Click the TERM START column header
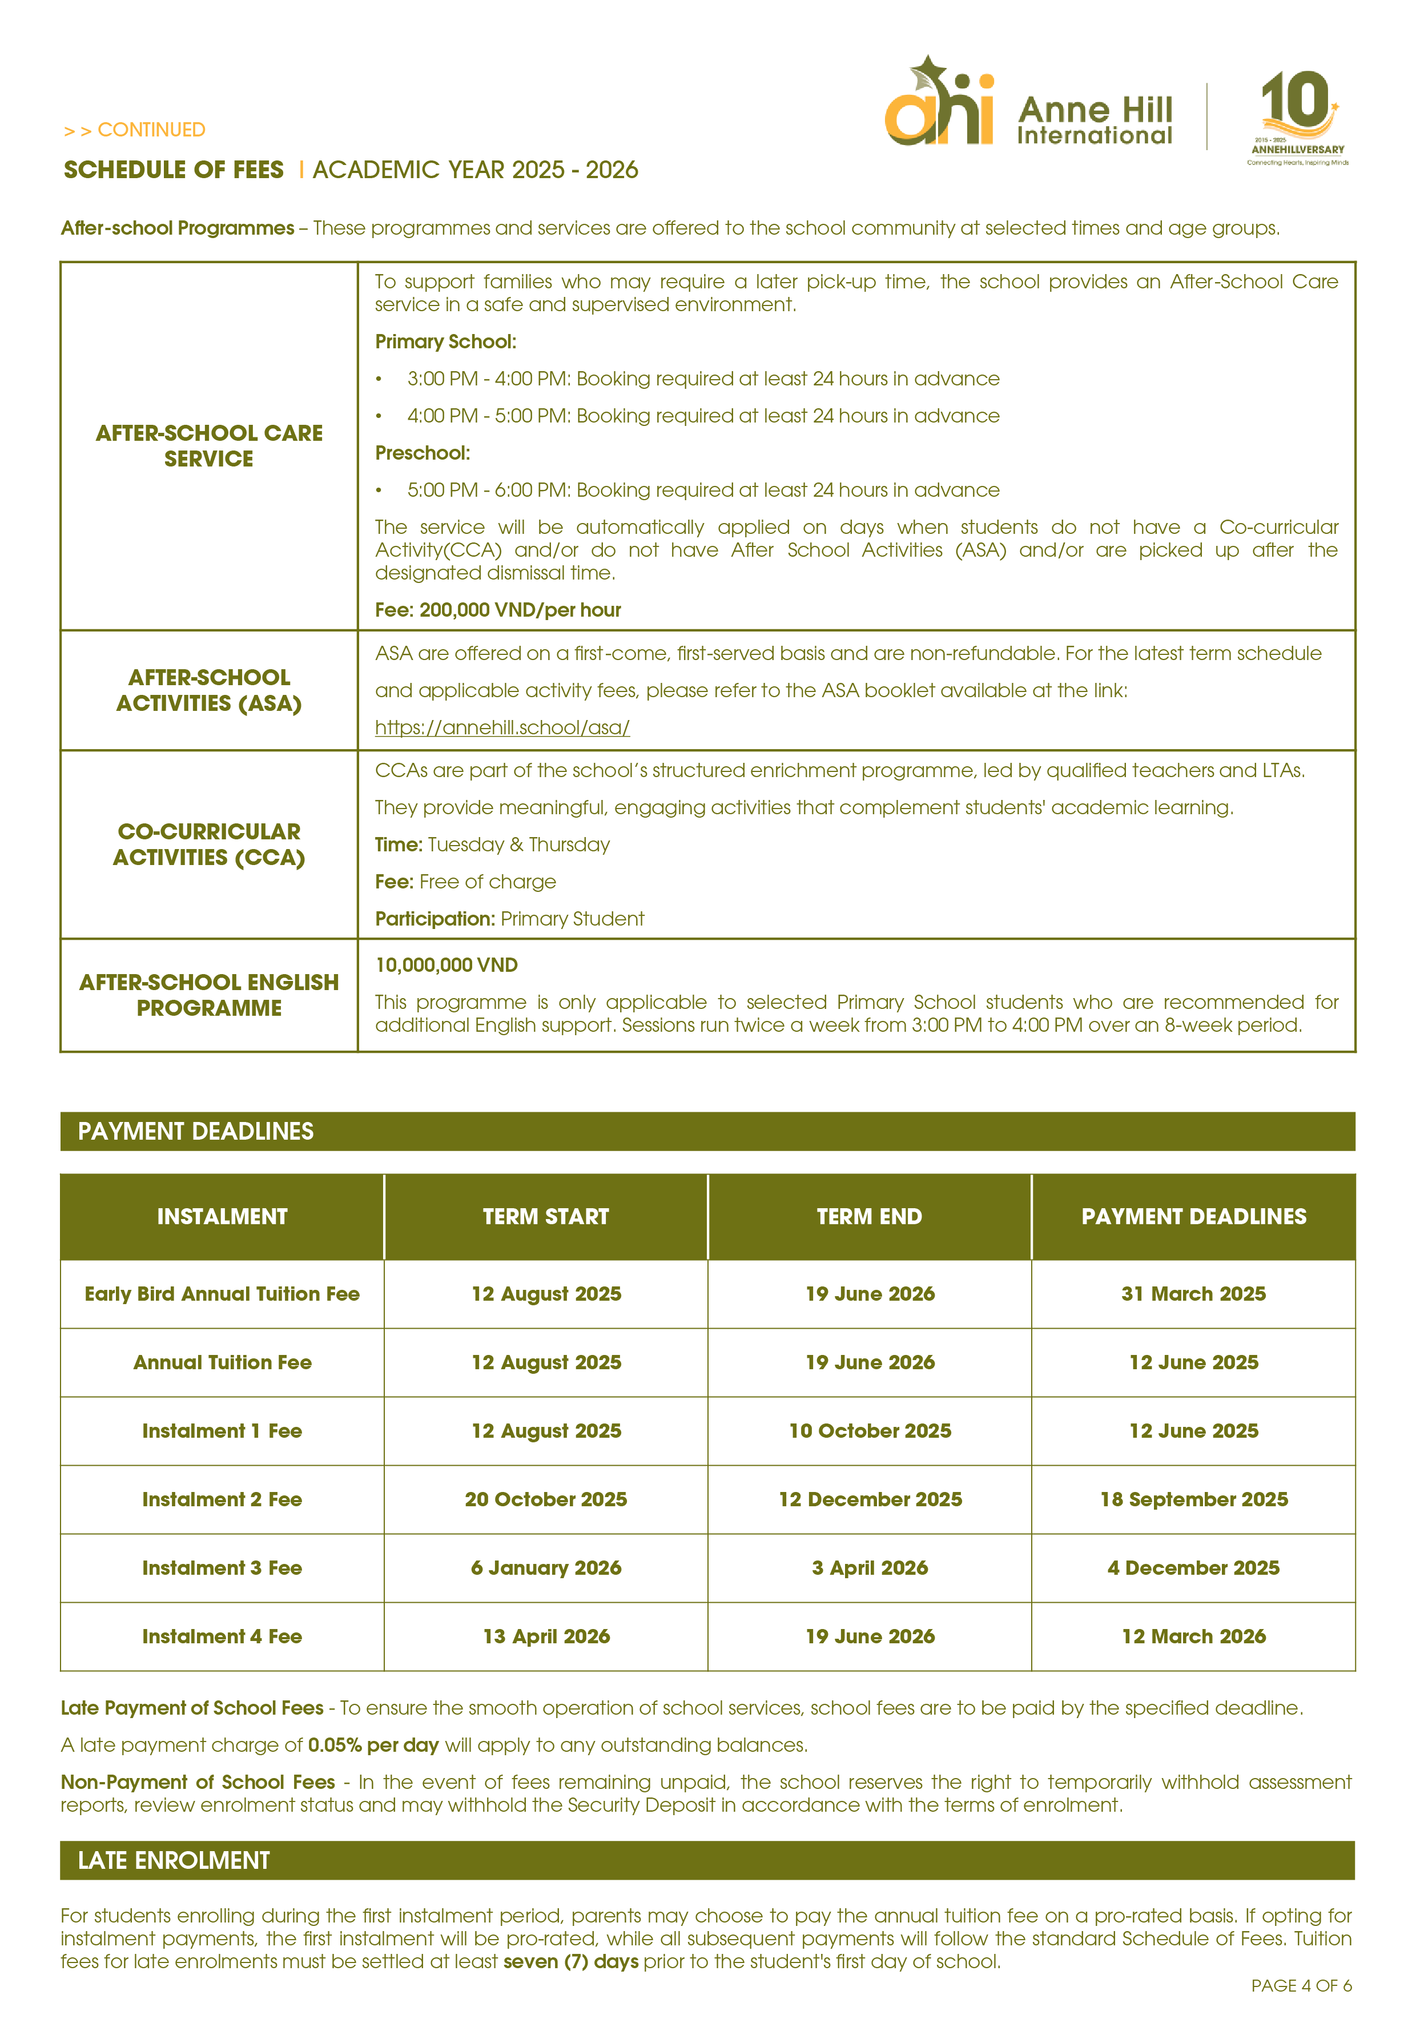click(x=545, y=1217)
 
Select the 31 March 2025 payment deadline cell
click(x=1193, y=1293)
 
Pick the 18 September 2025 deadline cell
click(x=1193, y=1499)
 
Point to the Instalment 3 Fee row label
click(x=222, y=1568)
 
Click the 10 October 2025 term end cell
click(x=870, y=1431)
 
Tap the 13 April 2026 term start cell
click(x=545, y=1636)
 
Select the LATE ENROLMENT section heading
click(x=174, y=1860)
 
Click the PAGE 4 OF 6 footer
click(x=1301, y=1985)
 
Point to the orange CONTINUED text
click(x=134, y=130)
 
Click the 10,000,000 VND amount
click(x=446, y=965)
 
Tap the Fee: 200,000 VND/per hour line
click(x=498, y=610)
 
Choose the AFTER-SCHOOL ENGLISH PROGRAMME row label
click(x=209, y=995)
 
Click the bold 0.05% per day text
click(x=373, y=1744)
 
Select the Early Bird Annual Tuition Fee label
click(x=222, y=1293)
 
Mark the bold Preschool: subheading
click(x=422, y=453)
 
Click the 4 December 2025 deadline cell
click(x=1193, y=1568)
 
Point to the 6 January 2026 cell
click(x=545, y=1568)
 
